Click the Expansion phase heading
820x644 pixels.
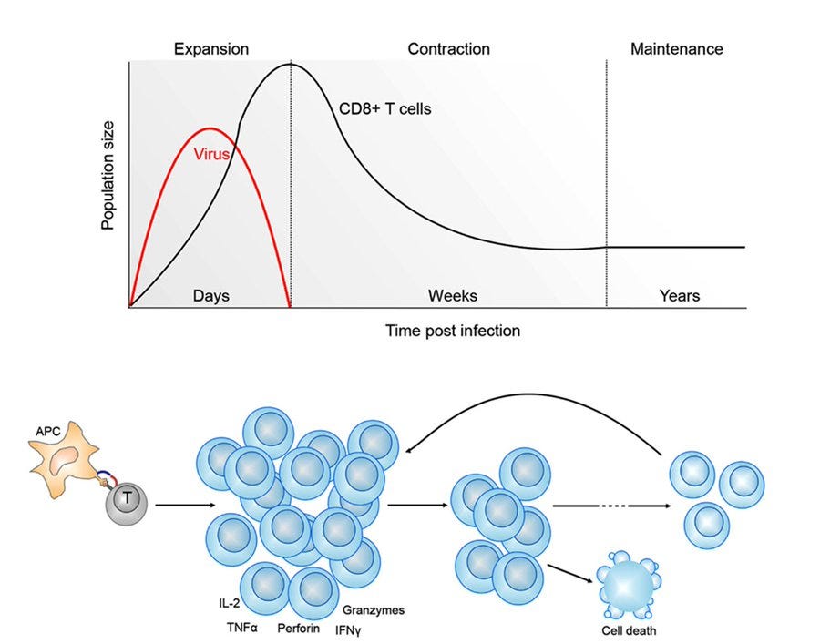tap(211, 48)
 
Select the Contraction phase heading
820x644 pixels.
tap(448, 48)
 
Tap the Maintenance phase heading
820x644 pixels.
tap(676, 48)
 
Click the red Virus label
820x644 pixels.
tap(211, 154)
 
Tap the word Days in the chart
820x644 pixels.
tap(211, 296)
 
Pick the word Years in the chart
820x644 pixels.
tap(680, 296)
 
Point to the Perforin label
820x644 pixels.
tap(298, 628)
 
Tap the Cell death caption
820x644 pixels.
tap(627, 630)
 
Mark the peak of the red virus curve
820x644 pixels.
tap(210, 128)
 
